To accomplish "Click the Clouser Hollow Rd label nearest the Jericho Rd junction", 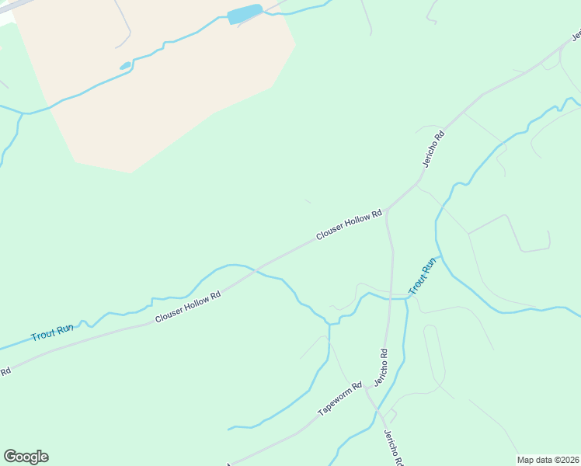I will coord(349,224).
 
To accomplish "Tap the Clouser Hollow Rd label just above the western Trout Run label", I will coord(187,307).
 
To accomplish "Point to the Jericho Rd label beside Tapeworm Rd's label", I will coord(381,367).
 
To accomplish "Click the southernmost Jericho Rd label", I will coord(392,447).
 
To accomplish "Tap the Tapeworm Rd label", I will coord(339,399).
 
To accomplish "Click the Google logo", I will coord(26,457).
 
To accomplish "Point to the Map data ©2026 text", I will coord(548,459).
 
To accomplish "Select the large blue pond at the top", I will coord(245,15).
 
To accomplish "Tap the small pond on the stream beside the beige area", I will coord(125,66).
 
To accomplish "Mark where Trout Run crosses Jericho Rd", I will coord(389,297).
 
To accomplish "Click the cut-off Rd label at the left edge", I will coord(5,372).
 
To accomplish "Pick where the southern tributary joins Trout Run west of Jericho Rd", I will coord(329,323).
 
